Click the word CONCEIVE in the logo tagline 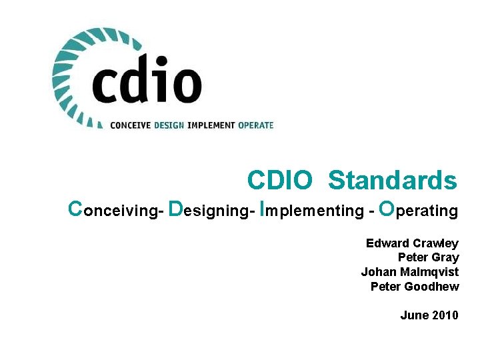[131, 125]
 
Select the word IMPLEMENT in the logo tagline [211, 125]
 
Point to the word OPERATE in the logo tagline [256, 125]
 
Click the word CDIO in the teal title [279, 180]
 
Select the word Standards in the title [393, 180]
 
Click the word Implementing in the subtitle [311, 211]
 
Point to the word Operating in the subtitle [419, 211]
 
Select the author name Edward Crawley [412, 243]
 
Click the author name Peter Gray [428, 257]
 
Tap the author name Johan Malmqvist [409, 272]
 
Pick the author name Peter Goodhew [415, 287]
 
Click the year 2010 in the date [445, 315]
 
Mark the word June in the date [414, 315]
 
